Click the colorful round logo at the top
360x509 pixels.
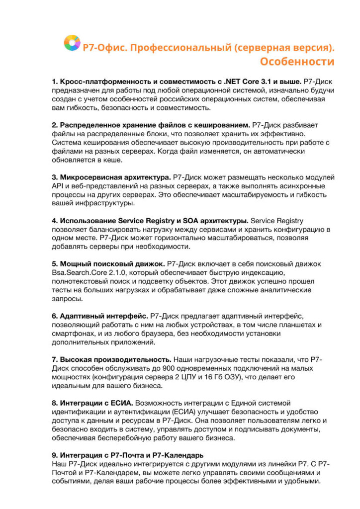pos(72,43)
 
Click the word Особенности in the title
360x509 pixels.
pos(297,62)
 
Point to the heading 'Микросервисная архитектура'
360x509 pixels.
pos(115,177)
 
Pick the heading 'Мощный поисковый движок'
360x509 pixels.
pos(112,264)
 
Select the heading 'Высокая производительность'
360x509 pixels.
pos(116,359)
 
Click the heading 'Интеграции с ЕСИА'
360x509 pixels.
pos(96,402)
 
